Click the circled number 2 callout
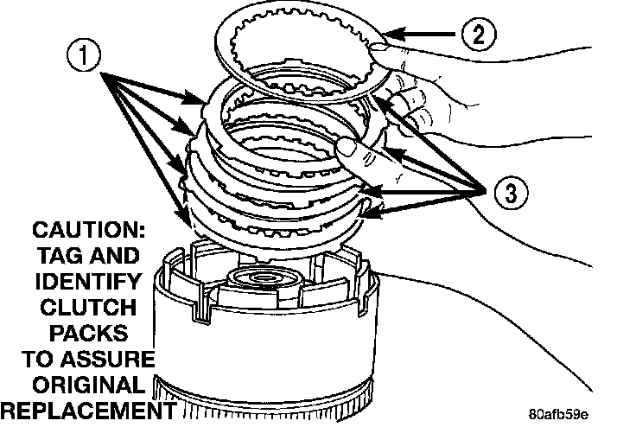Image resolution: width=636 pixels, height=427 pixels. (477, 35)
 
